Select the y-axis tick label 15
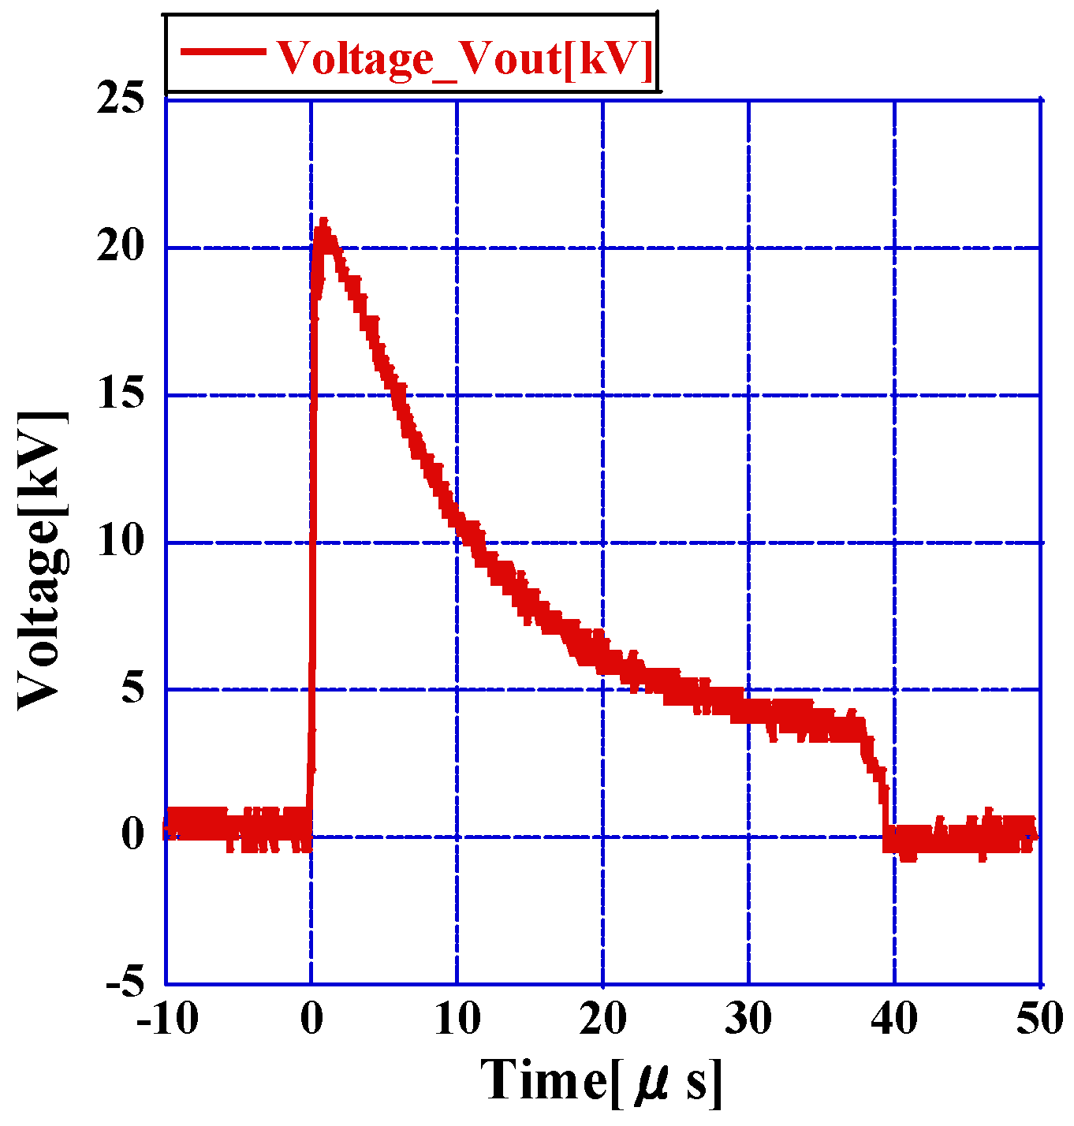120,393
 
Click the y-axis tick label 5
132,688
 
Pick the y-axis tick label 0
132,834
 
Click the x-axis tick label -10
166,1020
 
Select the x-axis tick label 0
311,1020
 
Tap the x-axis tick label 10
457,1020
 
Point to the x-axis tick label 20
603,1020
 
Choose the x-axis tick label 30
748,1020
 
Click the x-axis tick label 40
894,1020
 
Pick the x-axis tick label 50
1039,1020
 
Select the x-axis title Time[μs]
602,1080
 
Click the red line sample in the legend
222,52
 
